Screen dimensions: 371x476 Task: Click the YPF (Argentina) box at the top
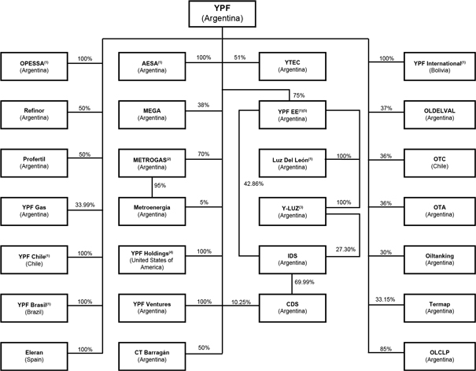tap(222, 14)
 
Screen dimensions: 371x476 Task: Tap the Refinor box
tap(37, 113)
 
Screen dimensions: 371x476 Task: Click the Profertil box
tap(37, 161)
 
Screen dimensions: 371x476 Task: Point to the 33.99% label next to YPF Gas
tap(85, 202)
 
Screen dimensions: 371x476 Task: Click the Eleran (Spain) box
tap(37, 354)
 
